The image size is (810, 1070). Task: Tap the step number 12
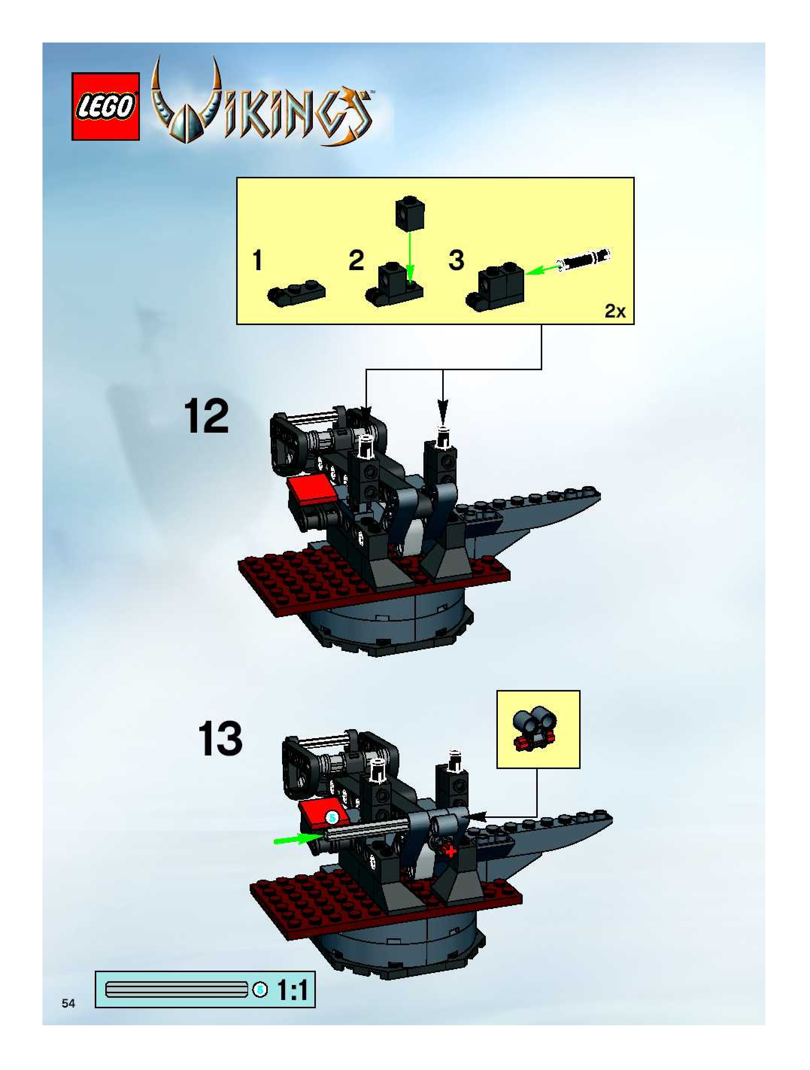(x=206, y=416)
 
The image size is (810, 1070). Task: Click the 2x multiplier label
(x=615, y=312)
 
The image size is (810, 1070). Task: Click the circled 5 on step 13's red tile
(x=332, y=818)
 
